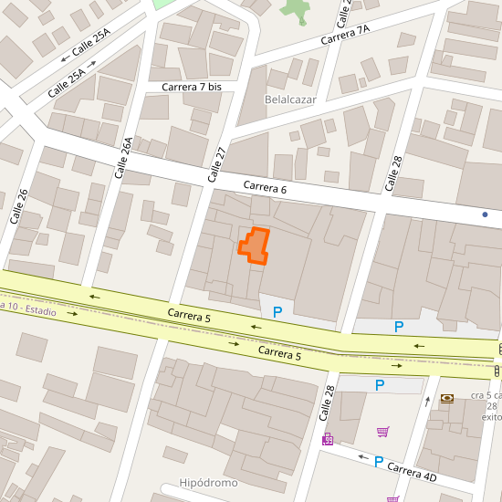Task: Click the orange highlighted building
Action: [x=255, y=246]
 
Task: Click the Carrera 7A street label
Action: [x=345, y=36]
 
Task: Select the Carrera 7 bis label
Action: [x=192, y=87]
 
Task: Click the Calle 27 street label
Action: [x=218, y=164]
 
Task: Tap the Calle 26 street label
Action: [x=19, y=206]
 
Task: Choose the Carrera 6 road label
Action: [x=265, y=187]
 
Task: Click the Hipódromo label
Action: [x=209, y=482]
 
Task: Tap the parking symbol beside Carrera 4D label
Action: [x=378, y=461]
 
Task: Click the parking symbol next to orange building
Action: [x=277, y=311]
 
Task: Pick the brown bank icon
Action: [x=446, y=398]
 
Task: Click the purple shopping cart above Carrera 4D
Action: [x=383, y=431]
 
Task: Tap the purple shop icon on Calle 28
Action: [x=328, y=439]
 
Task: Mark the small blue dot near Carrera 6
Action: [x=485, y=214]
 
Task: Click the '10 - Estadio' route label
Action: [x=27, y=309]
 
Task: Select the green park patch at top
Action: [x=295, y=11]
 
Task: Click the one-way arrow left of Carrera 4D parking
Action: [x=362, y=457]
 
